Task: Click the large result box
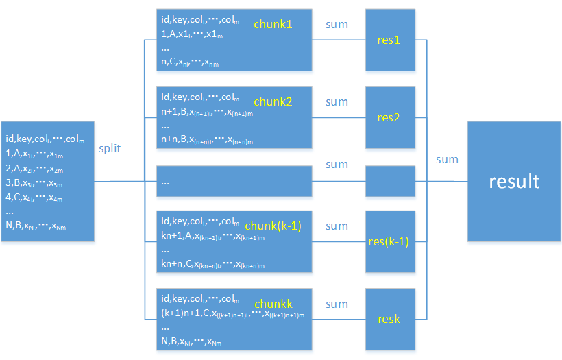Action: [513, 181]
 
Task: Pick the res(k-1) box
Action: [388, 241]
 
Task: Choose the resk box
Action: [388, 319]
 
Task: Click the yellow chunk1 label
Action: [273, 24]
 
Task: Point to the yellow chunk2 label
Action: [273, 101]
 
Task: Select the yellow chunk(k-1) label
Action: [278, 226]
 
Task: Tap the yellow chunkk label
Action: [273, 303]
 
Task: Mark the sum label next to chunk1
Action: [337, 25]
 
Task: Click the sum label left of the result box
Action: [447, 159]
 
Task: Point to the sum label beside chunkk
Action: [337, 304]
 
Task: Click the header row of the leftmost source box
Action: [45, 139]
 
